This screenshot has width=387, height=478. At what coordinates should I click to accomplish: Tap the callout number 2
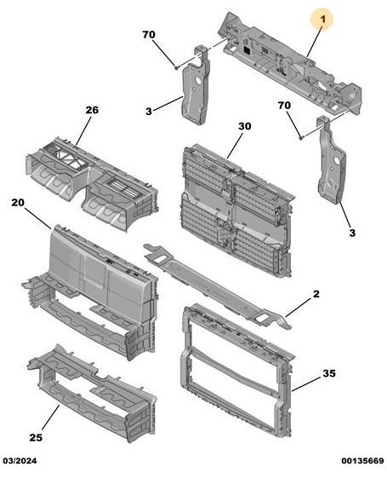click(316, 294)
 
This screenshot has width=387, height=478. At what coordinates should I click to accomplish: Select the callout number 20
click(18, 202)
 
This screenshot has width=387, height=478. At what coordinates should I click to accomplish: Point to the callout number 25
click(36, 437)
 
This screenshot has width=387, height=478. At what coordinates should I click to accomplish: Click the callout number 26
click(92, 110)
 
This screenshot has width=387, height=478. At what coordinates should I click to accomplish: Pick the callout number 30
click(245, 126)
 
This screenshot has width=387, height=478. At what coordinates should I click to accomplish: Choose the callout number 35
click(329, 373)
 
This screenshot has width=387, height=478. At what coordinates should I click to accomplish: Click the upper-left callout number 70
click(149, 34)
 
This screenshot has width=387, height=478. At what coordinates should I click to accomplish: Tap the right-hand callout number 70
click(284, 106)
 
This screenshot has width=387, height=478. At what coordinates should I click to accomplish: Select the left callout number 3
click(149, 112)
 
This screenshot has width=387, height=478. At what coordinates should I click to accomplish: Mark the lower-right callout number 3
click(352, 233)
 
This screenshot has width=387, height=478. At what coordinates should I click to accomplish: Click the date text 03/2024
click(20, 461)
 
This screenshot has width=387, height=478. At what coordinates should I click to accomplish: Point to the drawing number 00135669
click(362, 461)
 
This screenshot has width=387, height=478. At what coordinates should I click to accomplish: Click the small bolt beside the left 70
click(176, 67)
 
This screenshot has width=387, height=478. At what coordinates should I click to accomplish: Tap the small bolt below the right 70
click(301, 137)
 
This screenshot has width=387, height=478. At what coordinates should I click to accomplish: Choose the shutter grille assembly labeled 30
click(236, 210)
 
